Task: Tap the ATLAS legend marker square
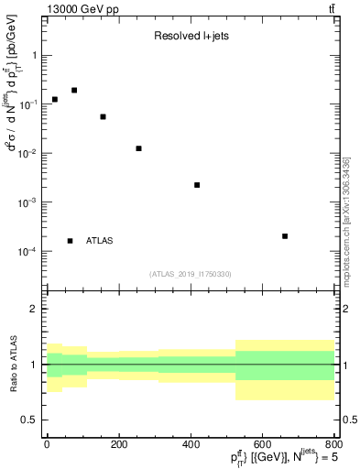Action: pyautogui.click(x=70, y=241)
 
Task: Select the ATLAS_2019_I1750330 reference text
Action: pyautogui.click(x=191, y=273)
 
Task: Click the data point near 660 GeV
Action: pyautogui.click(x=285, y=236)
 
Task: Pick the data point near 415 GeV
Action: pyautogui.click(x=197, y=185)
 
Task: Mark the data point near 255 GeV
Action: pyautogui.click(x=138, y=148)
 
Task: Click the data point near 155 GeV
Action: pyautogui.click(x=103, y=117)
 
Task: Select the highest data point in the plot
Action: pyautogui.click(x=74, y=90)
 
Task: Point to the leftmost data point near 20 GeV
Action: pyautogui.click(x=55, y=99)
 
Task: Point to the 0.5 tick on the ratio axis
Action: pyautogui.click(x=33, y=420)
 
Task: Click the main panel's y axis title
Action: pyautogui.click(x=13, y=119)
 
